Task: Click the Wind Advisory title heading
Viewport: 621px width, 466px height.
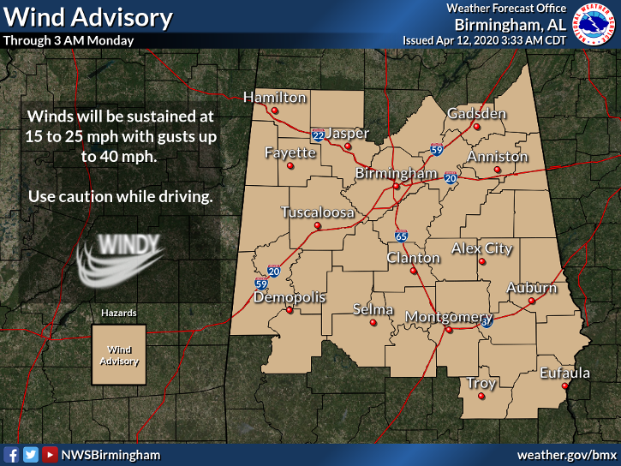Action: (x=88, y=17)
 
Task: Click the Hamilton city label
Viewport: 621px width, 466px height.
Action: (x=274, y=98)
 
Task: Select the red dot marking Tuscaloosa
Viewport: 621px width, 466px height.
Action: (x=317, y=226)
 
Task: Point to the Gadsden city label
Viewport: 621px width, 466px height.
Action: (x=477, y=114)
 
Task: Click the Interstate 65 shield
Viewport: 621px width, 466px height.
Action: (x=401, y=236)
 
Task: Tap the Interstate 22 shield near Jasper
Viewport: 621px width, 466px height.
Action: (x=317, y=135)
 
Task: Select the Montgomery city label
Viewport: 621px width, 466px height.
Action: (x=448, y=317)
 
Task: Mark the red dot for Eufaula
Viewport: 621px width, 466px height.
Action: (x=565, y=386)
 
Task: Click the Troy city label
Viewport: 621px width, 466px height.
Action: (x=481, y=384)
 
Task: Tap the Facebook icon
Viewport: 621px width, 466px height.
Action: (x=12, y=455)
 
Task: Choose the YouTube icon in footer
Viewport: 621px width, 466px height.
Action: (x=50, y=455)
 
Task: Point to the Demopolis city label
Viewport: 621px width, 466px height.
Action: (x=290, y=297)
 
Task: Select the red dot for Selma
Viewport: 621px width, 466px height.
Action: (x=373, y=322)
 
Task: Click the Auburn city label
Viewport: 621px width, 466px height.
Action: (x=531, y=288)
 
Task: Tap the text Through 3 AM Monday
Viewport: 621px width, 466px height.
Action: (x=69, y=40)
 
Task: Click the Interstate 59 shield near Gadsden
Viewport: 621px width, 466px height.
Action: (x=436, y=150)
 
